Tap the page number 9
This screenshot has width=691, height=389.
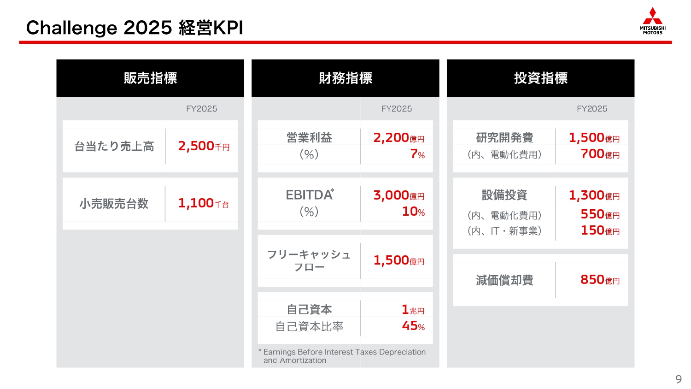pyautogui.click(x=678, y=379)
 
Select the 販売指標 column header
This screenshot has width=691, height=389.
pyautogui.click(x=150, y=78)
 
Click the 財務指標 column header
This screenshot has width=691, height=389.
pyautogui.click(x=345, y=78)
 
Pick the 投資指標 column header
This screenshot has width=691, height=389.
pyautogui.click(x=540, y=78)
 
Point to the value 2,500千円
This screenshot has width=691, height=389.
pyautogui.click(x=204, y=146)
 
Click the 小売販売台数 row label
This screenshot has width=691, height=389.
pyautogui.click(x=114, y=203)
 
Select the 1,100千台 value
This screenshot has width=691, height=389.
pyautogui.click(x=204, y=203)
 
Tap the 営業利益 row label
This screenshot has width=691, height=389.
pyautogui.click(x=309, y=137)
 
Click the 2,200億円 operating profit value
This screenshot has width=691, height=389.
pyautogui.click(x=399, y=137)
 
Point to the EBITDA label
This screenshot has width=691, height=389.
pyautogui.click(x=310, y=195)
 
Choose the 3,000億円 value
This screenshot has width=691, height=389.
pyautogui.click(x=399, y=195)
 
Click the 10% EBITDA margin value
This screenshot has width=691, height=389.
pyautogui.click(x=413, y=212)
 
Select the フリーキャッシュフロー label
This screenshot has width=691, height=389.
pyautogui.click(x=309, y=260)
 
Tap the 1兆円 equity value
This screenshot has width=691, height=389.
pyautogui.click(x=413, y=310)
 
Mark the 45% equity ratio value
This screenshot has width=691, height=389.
pyautogui.click(x=413, y=326)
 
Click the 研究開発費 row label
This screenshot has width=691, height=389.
pyautogui.click(x=504, y=137)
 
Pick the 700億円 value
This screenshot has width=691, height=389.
pyautogui.click(x=600, y=154)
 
